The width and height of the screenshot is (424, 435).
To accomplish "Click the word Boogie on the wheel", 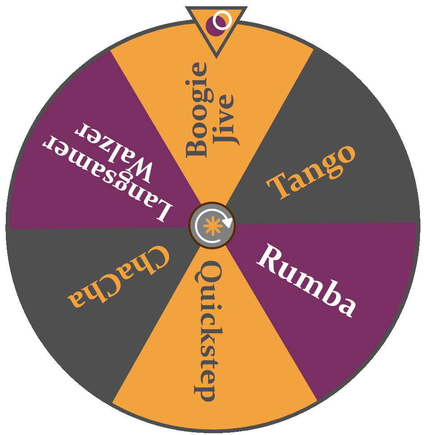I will pos(197,110).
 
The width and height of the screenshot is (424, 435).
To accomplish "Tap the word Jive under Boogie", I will pos(224,120).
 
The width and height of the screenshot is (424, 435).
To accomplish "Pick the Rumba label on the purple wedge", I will pos(307,280).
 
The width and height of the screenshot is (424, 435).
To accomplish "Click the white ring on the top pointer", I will pos(222,20).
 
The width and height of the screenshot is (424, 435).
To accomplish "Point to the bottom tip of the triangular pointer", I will pos(216,57).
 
